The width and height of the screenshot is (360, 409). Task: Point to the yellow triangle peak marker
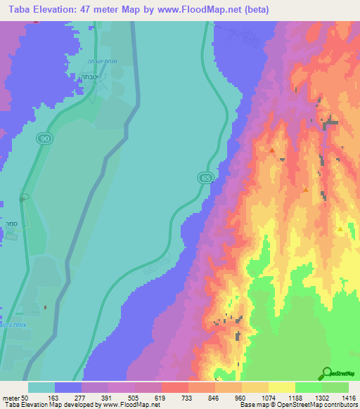click(340, 229)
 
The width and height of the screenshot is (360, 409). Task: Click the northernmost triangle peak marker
click(272, 150)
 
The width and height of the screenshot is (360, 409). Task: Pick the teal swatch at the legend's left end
click(41, 387)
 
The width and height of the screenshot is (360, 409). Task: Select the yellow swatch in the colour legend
click(281, 387)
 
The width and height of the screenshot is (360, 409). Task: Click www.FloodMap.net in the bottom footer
click(122, 405)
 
